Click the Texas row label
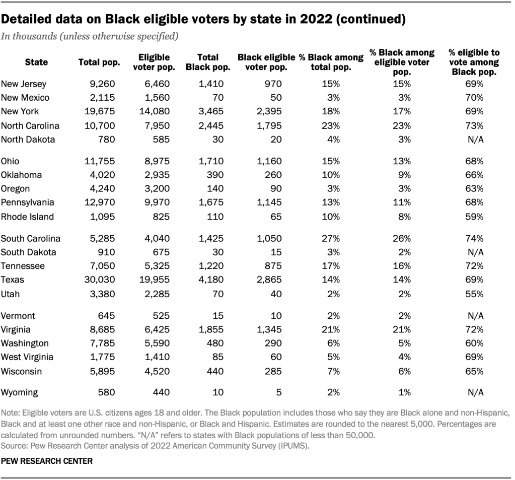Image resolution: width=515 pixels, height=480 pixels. [13, 279]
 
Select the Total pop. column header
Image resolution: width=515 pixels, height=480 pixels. [99, 62]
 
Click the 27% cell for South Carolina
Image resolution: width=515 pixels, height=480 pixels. [331, 238]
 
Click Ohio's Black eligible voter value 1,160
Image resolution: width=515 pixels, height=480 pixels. [269, 161]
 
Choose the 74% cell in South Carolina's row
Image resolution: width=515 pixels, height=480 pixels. [474, 238]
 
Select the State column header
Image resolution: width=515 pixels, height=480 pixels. [36, 62]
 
